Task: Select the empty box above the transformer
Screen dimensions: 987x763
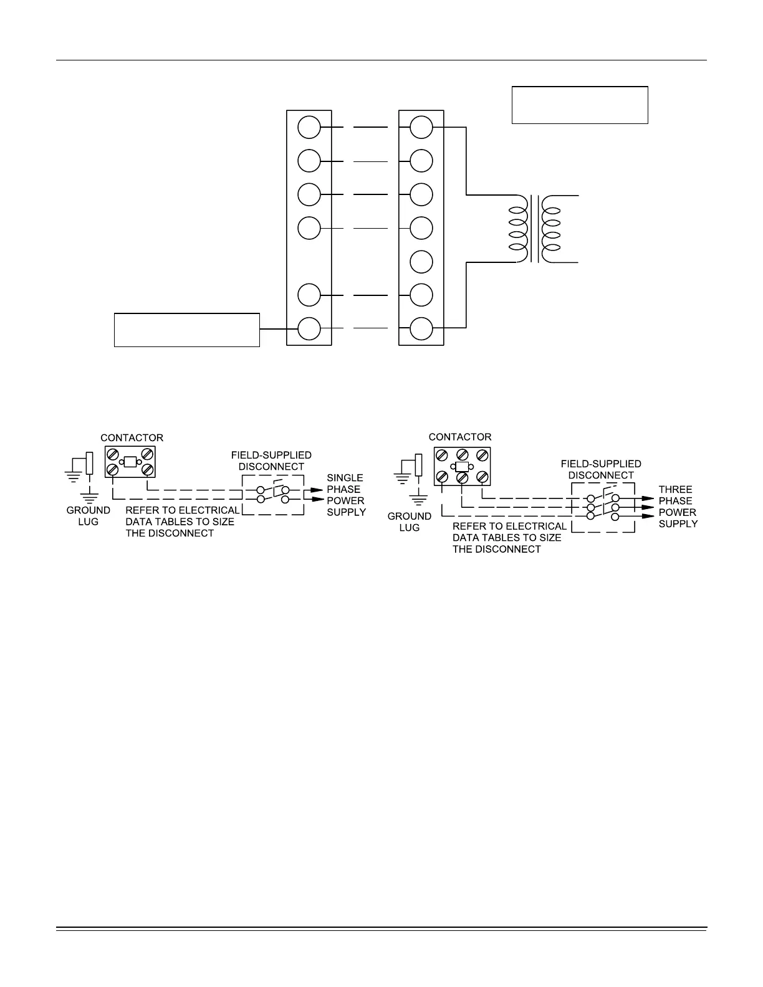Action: (x=580, y=105)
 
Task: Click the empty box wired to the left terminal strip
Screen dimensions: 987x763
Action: (x=186, y=330)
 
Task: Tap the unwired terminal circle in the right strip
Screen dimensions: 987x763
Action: (x=421, y=261)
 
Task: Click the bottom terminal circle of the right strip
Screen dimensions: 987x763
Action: (x=421, y=328)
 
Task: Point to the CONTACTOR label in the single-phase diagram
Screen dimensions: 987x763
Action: (x=132, y=438)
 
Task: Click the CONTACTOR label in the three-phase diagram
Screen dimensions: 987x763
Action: (x=460, y=437)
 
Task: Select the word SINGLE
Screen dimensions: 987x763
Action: (x=345, y=478)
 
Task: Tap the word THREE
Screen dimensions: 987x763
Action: (x=675, y=490)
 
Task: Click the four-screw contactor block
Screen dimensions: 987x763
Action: (x=130, y=462)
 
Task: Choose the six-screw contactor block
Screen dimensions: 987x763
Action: (x=461, y=467)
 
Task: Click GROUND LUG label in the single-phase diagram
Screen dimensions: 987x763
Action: (x=89, y=516)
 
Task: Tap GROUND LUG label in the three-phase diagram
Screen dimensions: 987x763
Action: (x=410, y=522)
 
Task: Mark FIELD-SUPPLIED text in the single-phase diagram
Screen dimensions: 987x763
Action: (x=271, y=455)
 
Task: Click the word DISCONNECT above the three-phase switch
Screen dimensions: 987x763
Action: (x=601, y=475)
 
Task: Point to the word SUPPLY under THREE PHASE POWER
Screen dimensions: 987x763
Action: (x=678, y=524)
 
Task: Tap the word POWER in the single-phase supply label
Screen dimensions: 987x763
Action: (x=345, y=501)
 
